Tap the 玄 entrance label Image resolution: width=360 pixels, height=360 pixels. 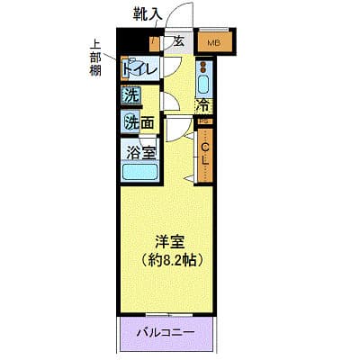pyautogui.click(x=178, y=41)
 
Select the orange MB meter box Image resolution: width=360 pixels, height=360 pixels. pyautogui.click(x=215, y=42)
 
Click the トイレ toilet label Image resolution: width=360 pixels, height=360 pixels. pyautogui.click(x=139, y=69)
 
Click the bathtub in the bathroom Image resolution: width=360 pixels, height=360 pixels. pyautogui.click(x=139, y=173)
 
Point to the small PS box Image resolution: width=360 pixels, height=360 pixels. pyautogui.click(x=204, y=121)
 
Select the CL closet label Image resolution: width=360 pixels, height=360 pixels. pyautogui.click(x=205, y=152)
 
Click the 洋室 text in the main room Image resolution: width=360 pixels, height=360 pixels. pyautogui.click(x=167, y=242)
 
